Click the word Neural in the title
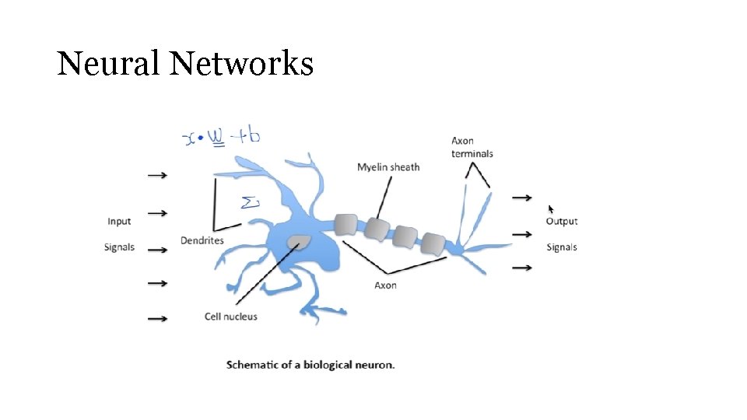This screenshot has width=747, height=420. (108, 64)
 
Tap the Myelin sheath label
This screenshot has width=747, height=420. (388, 167)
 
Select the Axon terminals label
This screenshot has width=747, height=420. (472, 147)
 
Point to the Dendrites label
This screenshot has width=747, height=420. (202, 241)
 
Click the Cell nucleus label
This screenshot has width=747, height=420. (230, 317)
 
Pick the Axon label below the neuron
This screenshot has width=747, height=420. (385, 285)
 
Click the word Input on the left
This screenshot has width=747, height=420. (119, 222)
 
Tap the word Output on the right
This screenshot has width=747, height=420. (561, 222)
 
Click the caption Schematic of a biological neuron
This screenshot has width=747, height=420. (310, 364)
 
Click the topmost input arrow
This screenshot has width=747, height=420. (157, 176)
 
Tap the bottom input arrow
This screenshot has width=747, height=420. (157, 318)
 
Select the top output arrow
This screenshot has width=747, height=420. (521, 198)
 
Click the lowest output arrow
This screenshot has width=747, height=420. (521, 268)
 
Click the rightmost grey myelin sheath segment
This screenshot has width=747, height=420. (432, 243)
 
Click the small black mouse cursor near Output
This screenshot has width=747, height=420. (552, 209)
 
